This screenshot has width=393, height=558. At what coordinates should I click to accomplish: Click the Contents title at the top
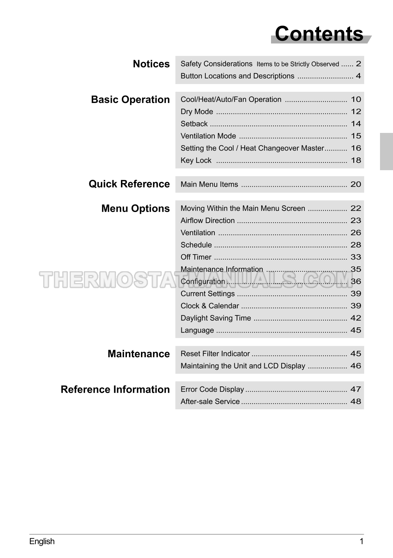click(x=319, y=34)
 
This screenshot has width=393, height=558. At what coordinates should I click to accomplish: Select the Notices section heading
click(x=151, y=64)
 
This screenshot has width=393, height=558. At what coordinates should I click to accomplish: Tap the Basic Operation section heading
click(x=130, y=100)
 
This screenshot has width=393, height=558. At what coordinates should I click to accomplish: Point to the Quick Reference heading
click(x=129, y=184)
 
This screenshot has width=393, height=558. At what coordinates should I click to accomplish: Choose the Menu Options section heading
click(x=135, y=209)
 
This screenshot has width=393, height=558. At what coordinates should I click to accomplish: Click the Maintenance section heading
click(x=138, y=354)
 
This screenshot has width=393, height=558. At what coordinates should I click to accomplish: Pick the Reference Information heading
click(x=115, y=390)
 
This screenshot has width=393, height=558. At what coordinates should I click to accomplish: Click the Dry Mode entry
click(x=197, y=112)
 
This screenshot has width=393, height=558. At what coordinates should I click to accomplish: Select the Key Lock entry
click(x=196, y=161)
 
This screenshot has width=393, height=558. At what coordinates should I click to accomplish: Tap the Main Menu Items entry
click(x=209, y=185)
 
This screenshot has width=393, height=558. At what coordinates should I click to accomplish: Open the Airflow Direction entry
click(x=207, y=221)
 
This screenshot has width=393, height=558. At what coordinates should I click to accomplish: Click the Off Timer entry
click(x=196, y=257)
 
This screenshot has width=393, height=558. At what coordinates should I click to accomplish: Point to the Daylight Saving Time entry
click(x=215, y=318)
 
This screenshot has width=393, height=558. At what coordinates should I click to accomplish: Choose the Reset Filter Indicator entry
click(x=215, y=354)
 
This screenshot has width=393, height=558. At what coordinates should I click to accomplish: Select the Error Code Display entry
click(x=212, y=390)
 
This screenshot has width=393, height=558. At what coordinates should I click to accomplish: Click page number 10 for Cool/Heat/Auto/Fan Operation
click(x=356, y=100)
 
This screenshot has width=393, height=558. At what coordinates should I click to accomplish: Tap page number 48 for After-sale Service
click(x=356, y=402)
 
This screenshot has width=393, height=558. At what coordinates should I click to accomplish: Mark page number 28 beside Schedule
click(x=356, y=245)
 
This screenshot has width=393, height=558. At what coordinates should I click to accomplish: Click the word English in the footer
click(x=42, y=541)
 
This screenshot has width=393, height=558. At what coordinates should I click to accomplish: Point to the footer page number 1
click(x=361, y=541)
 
